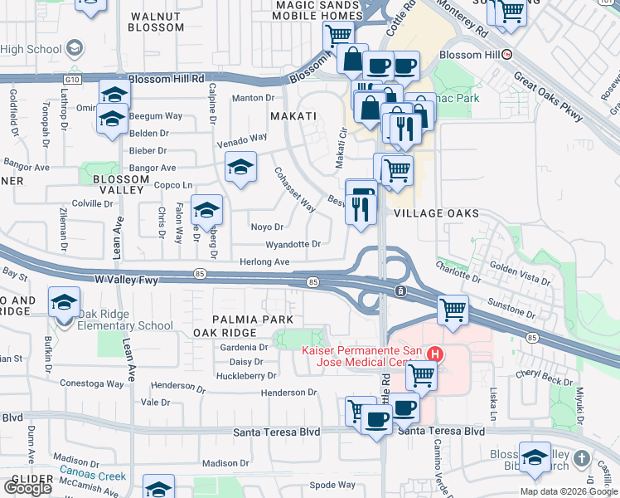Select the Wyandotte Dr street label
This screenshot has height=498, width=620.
293,245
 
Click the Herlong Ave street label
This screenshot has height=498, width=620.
264,262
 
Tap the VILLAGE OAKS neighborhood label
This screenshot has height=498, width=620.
436,213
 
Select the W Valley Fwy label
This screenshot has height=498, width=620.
126,281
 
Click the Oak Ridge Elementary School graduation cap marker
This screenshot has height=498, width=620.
64,304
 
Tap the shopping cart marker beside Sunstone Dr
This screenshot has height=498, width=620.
453,310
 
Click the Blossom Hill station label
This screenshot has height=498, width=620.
470,55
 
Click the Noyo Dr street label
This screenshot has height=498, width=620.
267,227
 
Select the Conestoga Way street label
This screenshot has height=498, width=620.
91,383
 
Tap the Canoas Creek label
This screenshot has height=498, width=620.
92,476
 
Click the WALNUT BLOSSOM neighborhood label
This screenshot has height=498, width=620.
156,22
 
